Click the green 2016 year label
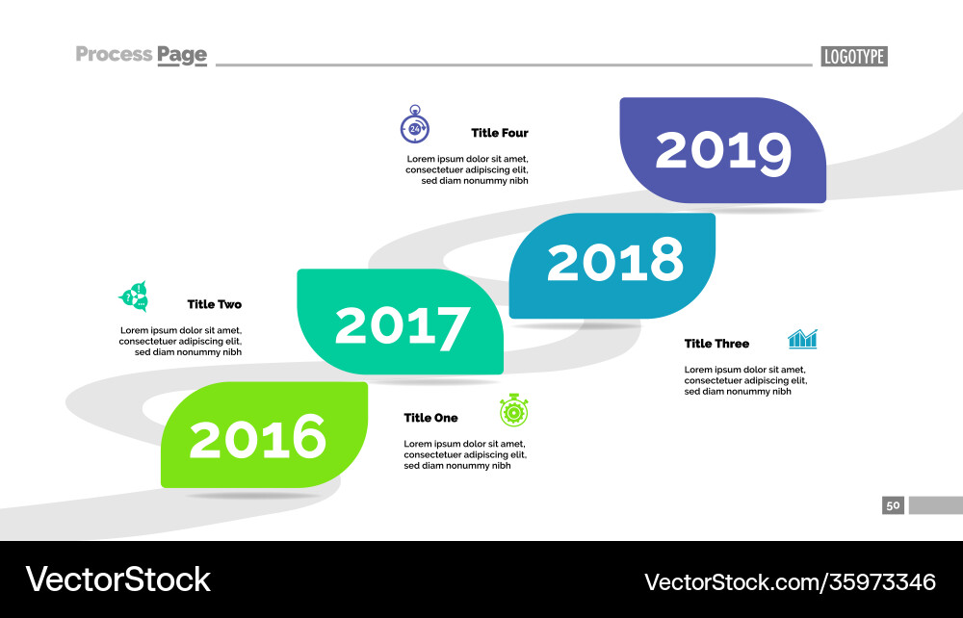tap(258, 438)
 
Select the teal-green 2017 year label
tap(403, 325)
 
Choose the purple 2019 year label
tap(723, 150)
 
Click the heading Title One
tap(430, 418)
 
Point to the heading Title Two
tap(214, 304)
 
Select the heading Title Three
tap(716, 344)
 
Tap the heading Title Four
tap(499, 133)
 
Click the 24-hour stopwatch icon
tap(414, 125)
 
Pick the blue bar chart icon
tap(802, 338)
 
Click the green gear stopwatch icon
tap(514, 411)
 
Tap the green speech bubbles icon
tap(133, 296)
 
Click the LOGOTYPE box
tap(853, 57)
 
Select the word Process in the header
tap(114, 54)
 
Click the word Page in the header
tap(182, 55)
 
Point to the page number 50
tap(893, 505)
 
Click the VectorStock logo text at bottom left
tap(117, 579)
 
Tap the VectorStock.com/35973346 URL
tap(790, 581)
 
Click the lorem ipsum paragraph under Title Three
tap(744, 380)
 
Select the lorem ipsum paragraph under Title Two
tap(180, 341)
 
